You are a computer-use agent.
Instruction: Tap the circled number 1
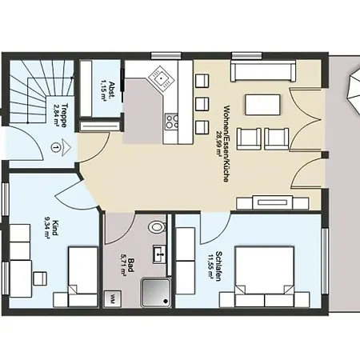pos(54,146)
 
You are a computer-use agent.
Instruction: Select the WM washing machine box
pos(114,299)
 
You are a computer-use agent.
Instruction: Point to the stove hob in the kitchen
pos(171,122)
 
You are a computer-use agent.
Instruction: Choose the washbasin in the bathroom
pos(160,256)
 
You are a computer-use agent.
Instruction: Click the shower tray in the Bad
pos(155,292)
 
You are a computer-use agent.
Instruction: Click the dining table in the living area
pos(262,105)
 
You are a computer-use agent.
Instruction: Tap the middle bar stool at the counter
pos(199,105)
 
